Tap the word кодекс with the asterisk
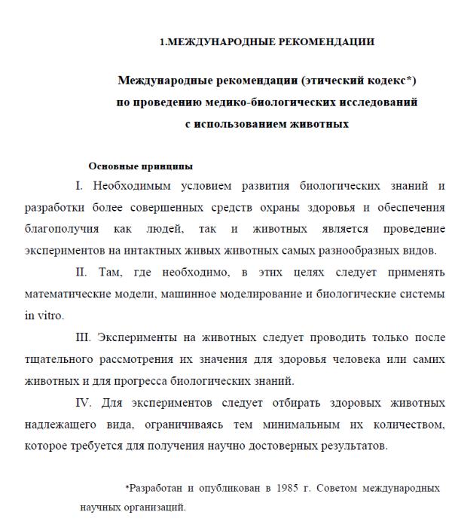tap(385, 81)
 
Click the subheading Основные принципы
tap(141, 166)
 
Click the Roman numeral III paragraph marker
tap(84, 337)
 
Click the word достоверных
tap(304, 446)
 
